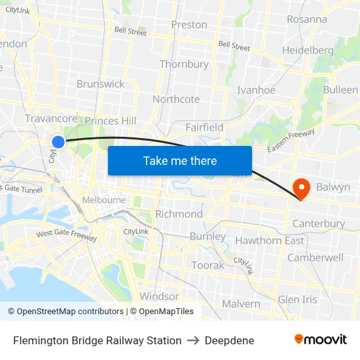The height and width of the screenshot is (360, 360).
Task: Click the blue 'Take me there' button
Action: click(x=180, y=160)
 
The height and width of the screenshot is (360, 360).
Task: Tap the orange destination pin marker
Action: click(x=302, y=189)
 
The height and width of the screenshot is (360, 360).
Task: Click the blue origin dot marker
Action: click(x=58, y=141)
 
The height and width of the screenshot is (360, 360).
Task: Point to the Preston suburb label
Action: click(x=189, y=25)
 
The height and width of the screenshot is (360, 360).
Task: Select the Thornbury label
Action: click(x=184, y=64)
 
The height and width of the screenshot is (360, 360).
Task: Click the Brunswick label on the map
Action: click(x=100, y=84)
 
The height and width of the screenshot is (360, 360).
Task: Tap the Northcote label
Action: click(x=176, y=99)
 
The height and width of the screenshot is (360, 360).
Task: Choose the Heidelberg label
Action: click(x=308, y=50)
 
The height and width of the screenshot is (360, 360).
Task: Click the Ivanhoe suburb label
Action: click(x=256, y=90)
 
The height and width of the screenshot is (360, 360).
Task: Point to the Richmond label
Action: click(x=179, y=214)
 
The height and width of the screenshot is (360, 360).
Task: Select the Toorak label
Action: click(x=207, y=265)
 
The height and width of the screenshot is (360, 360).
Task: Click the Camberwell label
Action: click(x=315, y=257)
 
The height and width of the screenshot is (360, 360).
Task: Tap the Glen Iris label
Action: click(x=297, y=299)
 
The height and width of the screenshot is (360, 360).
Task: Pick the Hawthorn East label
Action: click(x=270, y=240)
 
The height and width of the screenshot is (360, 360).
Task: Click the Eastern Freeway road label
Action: click(x=291, y=141)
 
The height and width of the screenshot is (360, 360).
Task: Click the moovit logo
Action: click(x=320, y=340)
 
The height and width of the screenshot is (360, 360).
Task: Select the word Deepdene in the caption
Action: click(x=229, y=340)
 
